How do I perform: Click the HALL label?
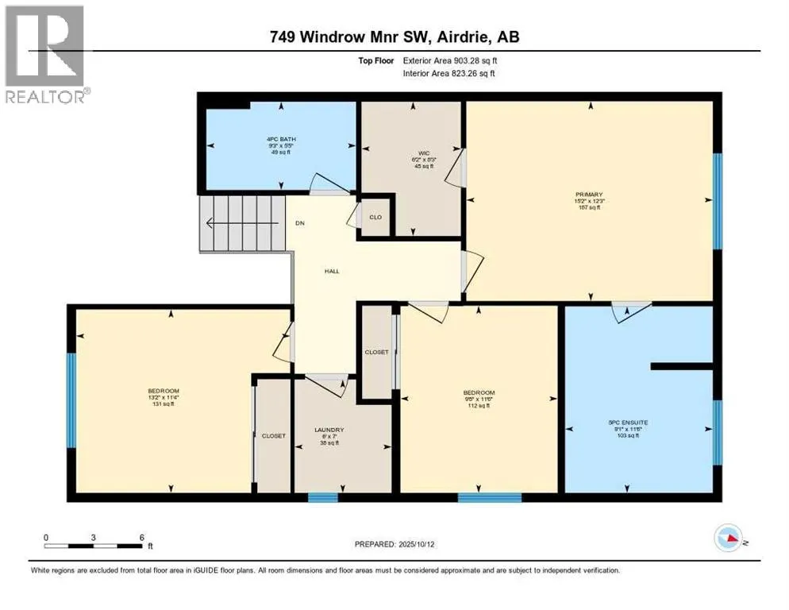tap(332, 271)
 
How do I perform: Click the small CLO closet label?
tap(376, 217)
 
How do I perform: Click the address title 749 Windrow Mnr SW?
tap(394, 37)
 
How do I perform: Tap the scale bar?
tap(94, 546)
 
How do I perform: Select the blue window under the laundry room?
tap(323, 498)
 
